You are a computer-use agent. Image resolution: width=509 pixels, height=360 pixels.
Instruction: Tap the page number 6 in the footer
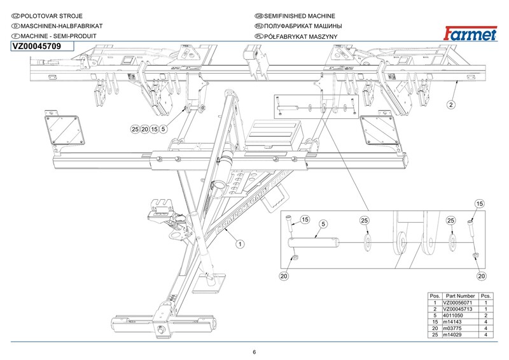point(254,352)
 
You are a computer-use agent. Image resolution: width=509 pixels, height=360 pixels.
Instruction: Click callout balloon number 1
point(240,243)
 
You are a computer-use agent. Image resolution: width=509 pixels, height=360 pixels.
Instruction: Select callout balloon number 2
point(450,104)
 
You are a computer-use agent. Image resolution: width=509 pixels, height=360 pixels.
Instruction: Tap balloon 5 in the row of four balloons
point(164,129)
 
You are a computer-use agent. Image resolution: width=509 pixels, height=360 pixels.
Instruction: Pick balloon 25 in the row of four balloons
point(135,129)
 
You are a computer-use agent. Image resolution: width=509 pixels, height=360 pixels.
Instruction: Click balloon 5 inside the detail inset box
point(323,224)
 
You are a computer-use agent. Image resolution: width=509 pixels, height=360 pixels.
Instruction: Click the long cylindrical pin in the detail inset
point(314,242)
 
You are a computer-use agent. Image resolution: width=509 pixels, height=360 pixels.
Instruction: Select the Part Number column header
point(461,296)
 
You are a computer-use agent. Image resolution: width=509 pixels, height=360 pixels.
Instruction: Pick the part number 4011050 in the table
point(460,315)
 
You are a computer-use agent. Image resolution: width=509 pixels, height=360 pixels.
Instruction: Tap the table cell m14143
point(460,322)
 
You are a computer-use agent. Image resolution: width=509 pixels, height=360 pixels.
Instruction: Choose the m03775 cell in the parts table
point(460,328)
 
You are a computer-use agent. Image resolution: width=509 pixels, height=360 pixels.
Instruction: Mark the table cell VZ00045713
point(460,309)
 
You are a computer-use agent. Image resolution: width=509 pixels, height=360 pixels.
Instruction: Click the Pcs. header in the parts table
point(487,296)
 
